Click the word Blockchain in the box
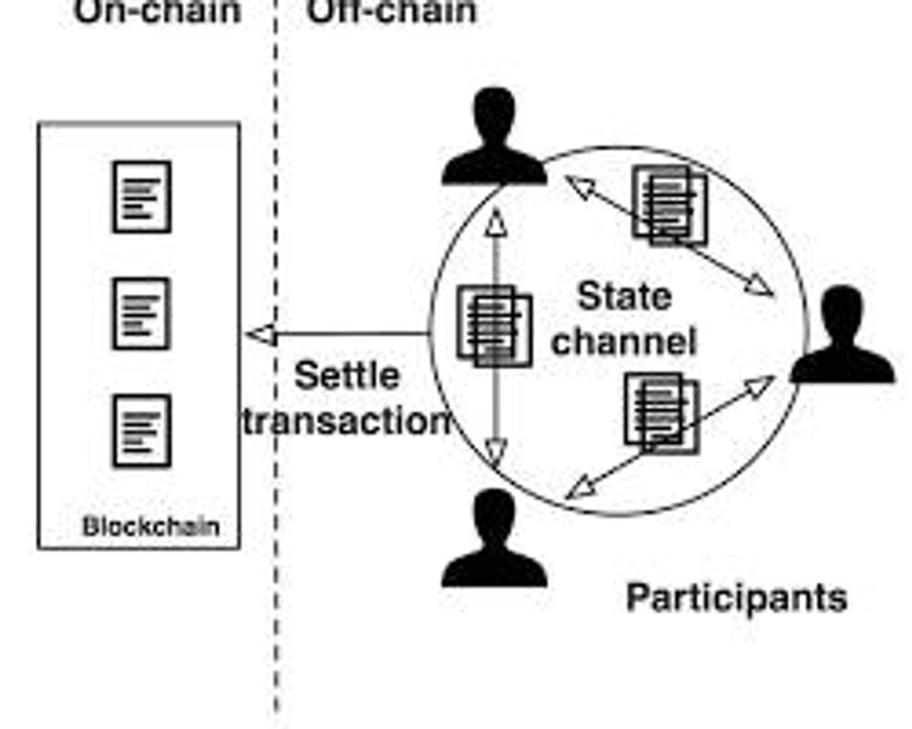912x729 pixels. pyautogui.click(x=151, y=526)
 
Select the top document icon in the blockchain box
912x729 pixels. pyautogui.click(x=142, y=196)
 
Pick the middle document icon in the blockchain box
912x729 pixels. pyautogui.click(x=142, y=313)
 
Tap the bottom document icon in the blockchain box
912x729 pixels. pyautogui.click(x=142, y=431)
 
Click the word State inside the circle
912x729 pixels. pyautogui.click(x=624, y=297)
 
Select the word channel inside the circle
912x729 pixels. pyautogui.click(x=624, y=340)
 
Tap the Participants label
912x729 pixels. pyautogui.click(x=736, y=598)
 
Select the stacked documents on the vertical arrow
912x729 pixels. pyautogui.click(x=494, y=325)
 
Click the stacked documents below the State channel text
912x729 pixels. pyautogui.click(x=661, y=412)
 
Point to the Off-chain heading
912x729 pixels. pyautogui.click(x=390, y=11)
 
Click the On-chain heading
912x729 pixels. pyautogui.click(x=157, y=11)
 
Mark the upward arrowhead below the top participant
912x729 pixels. pyautogui.click(x=494, y=220)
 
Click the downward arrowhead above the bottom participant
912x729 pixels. pyautogui.click(x=494, y=453)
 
